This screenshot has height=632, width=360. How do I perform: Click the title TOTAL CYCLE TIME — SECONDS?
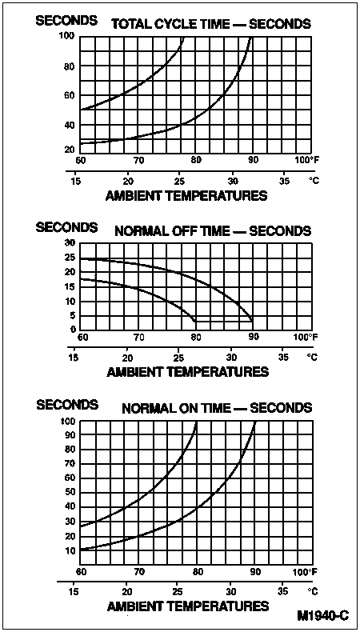tap(211, 24)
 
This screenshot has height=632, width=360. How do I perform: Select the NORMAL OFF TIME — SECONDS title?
tap(214, 231)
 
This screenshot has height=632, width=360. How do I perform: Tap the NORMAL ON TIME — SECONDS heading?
tap(217, 408)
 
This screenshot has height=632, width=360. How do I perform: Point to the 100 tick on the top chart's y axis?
tap(68, 35)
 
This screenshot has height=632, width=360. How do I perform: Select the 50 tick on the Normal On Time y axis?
tap(70, 493)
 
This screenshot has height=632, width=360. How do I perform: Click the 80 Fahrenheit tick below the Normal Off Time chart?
tap(196, 337)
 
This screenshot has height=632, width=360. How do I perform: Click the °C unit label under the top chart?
tap(314, 180)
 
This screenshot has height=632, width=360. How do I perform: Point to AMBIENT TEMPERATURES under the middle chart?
tap(187, 372)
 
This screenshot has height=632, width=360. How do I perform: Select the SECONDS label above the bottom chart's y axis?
tap(67, 404)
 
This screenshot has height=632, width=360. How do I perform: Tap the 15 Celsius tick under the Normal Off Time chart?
tap(74, 358)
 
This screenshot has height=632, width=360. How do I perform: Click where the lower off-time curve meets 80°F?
tap(195, 321)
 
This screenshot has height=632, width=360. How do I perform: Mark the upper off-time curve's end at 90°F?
tap(252, 321)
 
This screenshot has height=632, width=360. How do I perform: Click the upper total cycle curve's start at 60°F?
tap(81, 110)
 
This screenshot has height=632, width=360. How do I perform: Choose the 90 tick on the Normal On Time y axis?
tap(70, 434)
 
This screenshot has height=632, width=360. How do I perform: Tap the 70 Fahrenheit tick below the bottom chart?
tap(138, 572)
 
